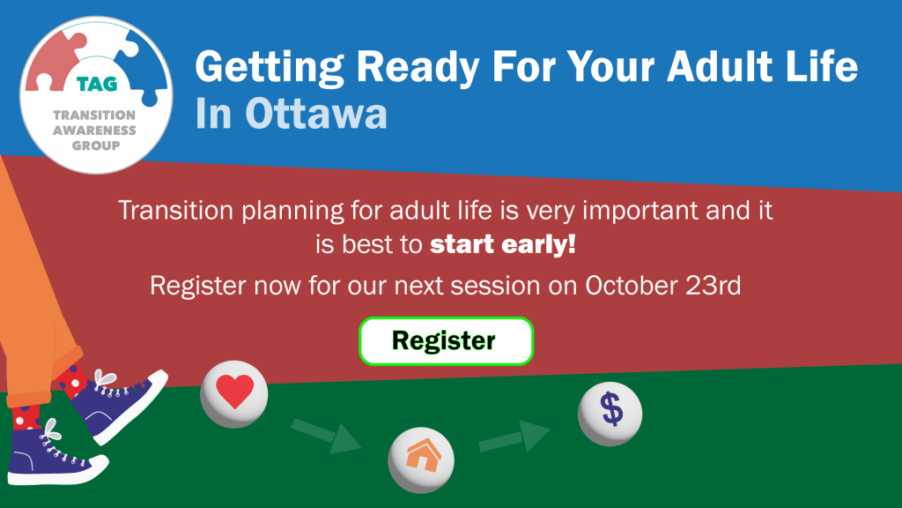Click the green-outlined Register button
coord(446,341)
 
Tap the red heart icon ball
coord(234,394)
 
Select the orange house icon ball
coord(421,459)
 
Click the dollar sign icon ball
coord(610,414)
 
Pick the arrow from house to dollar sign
coord(514,437)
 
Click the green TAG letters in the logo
coord(97,84)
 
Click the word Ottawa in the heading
coord(316,114)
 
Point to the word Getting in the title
coord(270,67)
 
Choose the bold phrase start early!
coord(503,244)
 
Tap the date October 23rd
coord(662,286)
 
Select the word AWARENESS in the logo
coord(95,131)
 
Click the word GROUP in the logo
coord(96,146)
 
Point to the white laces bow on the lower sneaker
coord(50,430)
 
